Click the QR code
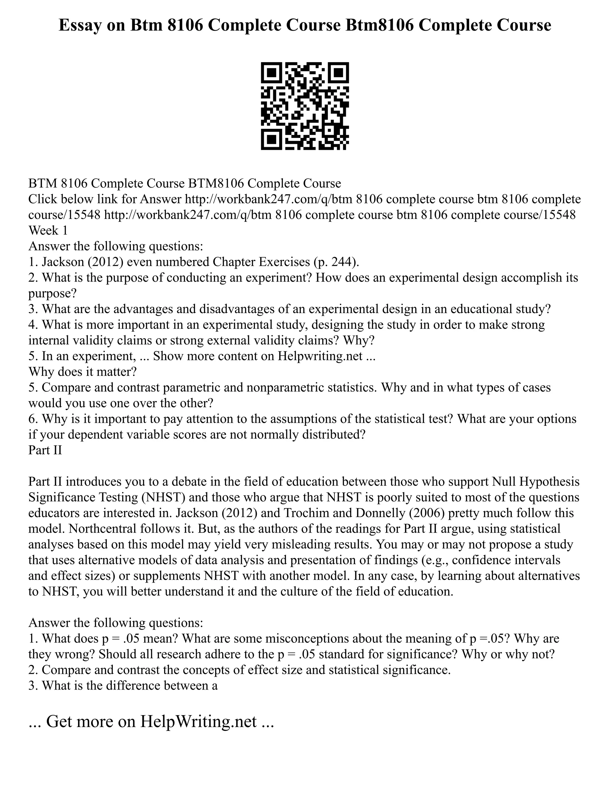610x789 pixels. [x=305, y=106]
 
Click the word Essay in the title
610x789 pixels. [x=78, y=25]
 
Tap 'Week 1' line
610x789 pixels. [x=48, y=230]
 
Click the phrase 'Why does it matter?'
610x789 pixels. [x=83, y=372]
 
